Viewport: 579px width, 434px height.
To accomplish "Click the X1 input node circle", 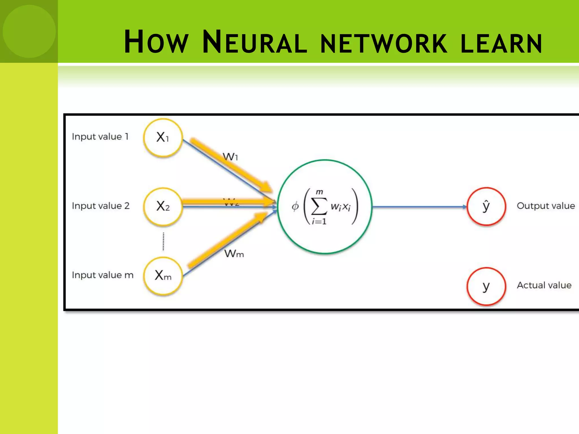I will pyautogui.click(x=163, y=137).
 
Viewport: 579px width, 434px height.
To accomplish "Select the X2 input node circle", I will pyautogui.click(x=163, y=206).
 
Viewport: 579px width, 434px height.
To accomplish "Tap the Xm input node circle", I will pyautogui.click(x=163, y=275).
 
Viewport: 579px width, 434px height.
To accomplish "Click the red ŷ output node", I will pyautogui.click(x=486, y=206).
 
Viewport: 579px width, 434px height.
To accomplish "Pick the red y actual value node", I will pyautogui.click(x=486, y=286).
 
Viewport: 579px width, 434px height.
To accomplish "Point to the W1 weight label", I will pyautogui.click(x=230, y=157).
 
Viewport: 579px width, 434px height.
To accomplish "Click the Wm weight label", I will pyautogui.click(x=234, y=253).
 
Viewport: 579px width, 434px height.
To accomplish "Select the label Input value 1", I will pyautogui.click(x=100, y=137).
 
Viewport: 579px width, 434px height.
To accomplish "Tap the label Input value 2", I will pyautogui.click(x=101, y=206).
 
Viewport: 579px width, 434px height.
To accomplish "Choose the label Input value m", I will pyautogui.click(x=102, y=275).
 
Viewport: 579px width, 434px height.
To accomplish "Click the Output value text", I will pyautogui.click(x=546, y=206).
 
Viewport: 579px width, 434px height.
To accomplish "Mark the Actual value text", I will pyautogui.click(x=544, y=285).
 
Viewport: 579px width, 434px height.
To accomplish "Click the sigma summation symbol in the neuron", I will pyautogui.click(x=319, y=207).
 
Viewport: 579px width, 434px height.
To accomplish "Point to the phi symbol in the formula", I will pyautogui.click(x=295, y=206).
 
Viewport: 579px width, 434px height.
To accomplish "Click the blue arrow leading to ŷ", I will pyautogui.click(x=418, y=207).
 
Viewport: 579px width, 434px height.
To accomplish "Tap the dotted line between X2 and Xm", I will pyautogui.click(x=163, y=241).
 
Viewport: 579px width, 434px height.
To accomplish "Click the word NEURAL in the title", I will pyautogui.click(x=254, y=42).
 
